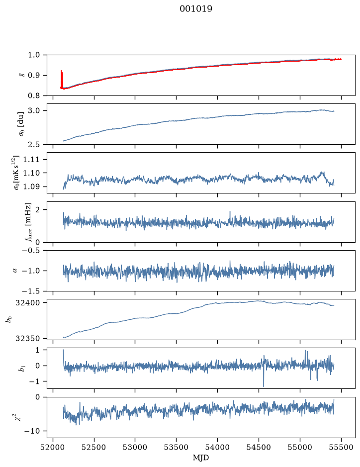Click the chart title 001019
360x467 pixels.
pyautogui.click(x=196, y=9)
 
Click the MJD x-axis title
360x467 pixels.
pyautogui.click(x=201, y=458)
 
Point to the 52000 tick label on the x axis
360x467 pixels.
pyautogui.click(x=53, y=447)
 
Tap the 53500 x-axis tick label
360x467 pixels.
pyautogui.click(x=177, y=447)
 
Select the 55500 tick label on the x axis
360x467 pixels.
pyautogui.click(x=341, y=447)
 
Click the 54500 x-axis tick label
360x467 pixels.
pyautogui.click(x=259, y=447)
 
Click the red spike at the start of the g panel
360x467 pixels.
pyautogui.click(x=62, y=79)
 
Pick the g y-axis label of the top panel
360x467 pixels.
pyautogui.click(x=21, y=75)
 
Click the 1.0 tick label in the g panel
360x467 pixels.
pyautogui.click(x=34, y=55)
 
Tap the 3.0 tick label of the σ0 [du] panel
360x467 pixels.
pyautogui.click(x=34, y=111)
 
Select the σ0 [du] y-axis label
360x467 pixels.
pyautogui.click(x=21, y=124)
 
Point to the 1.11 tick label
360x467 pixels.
pyautogui.click(x=31, y=160)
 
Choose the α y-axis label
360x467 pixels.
pyautogui.click(x=15, y=271)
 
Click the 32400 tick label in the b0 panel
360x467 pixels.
pyautogui.click(x=27, y=303)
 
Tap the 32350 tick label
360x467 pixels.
pyautogui.click(x=27, y=339)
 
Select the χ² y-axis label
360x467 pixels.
pyautogui.click(x=19, y=417)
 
